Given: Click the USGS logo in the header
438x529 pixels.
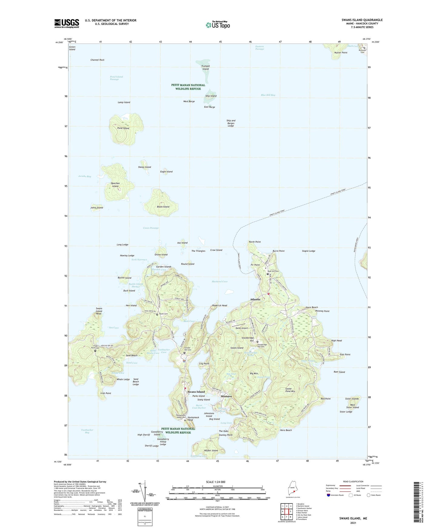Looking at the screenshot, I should [x=67, y=23].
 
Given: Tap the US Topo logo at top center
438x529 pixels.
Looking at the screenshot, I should [x=217, y=25].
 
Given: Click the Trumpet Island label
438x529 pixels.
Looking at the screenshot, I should [x=206, y=68].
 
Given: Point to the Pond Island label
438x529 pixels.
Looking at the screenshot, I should [x=123, y=128].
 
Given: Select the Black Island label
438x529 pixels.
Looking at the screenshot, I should [x=163, y=207].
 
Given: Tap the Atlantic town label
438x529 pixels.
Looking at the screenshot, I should [x=255, y=299].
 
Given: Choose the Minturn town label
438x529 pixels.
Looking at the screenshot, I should [x=226, y=396].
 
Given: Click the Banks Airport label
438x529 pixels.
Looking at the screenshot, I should [x=242, y=328].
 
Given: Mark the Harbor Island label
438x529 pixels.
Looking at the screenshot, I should [x=211, y=451].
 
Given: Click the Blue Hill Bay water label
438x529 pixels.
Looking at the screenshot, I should [x=268, y=95].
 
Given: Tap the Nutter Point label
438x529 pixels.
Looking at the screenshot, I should [x=341, y=53].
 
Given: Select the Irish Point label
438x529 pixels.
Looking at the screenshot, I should [x=105, y=393].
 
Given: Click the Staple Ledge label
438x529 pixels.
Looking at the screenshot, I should [x=309, y=251].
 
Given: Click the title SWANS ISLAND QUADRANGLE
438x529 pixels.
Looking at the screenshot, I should [x=362, y=20].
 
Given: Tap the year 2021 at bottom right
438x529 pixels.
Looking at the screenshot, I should [x=353, y=523].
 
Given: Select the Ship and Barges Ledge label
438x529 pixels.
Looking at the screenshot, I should [x=231, y=123].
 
